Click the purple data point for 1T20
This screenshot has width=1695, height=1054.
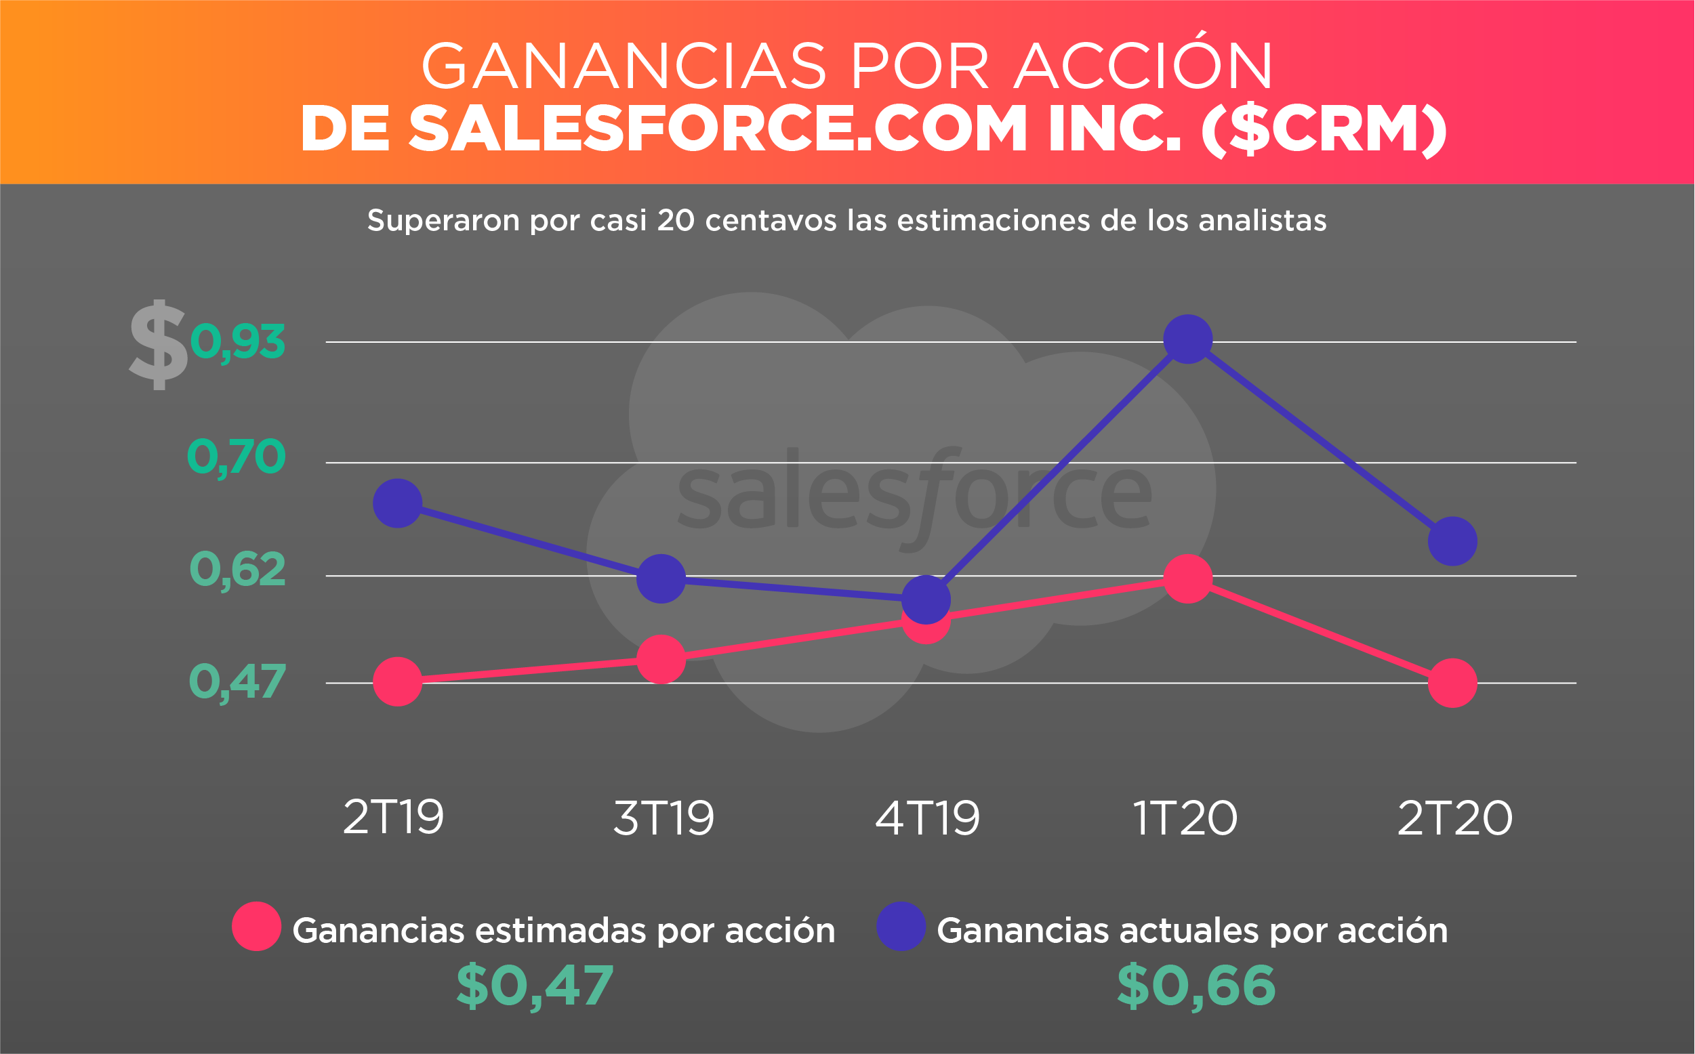[x=1188, y=339]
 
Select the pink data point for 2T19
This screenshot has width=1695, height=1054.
[x=397, y=681]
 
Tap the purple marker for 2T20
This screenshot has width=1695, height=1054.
[x=1453, y=542]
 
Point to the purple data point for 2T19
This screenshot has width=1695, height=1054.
[x=397, y=503]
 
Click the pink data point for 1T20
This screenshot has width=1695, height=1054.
[x=1188, y=578]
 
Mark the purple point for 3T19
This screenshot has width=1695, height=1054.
[x=661, y=578]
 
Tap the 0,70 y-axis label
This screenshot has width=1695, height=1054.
[x=237, y=457]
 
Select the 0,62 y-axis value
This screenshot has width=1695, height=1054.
[x=238, y=570]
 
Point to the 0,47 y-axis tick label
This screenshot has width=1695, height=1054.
[x=238, y=682]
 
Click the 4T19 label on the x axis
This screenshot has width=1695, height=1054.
[x=928, y=818]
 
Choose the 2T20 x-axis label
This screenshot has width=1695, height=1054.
[x=1456, y=818]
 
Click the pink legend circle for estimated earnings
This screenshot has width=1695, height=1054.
[x=257, y=927]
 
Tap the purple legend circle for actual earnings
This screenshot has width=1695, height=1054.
[x=901, y=927]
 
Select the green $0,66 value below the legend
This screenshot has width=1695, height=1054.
[x=1196, y=986]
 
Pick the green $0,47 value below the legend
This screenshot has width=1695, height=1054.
[x=535, y=986]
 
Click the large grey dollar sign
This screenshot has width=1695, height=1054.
[x=159, y=345]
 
